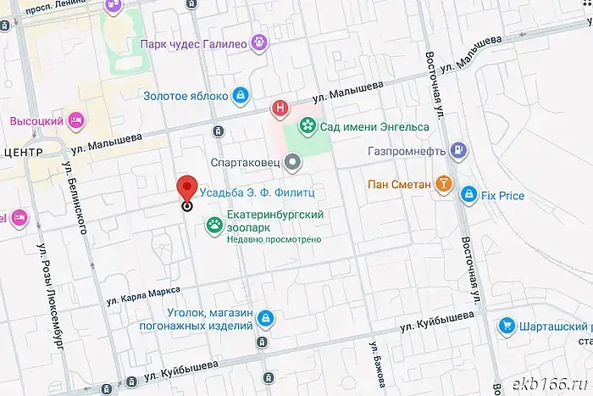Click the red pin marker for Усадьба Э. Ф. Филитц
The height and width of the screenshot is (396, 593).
point(187,189)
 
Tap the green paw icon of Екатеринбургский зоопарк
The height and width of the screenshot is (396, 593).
point(215,226)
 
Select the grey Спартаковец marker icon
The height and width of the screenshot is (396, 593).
point(292,160)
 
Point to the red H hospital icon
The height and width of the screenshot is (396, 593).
point(280,109)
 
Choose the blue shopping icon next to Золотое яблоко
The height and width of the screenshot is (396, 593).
point(241,94)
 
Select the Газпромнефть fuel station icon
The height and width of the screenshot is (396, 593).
point(458,151)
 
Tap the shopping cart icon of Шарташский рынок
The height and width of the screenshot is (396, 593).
point(506,325)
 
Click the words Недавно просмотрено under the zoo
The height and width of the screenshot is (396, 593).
point(274,240)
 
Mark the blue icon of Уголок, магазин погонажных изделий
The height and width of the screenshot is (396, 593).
point(266,318)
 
